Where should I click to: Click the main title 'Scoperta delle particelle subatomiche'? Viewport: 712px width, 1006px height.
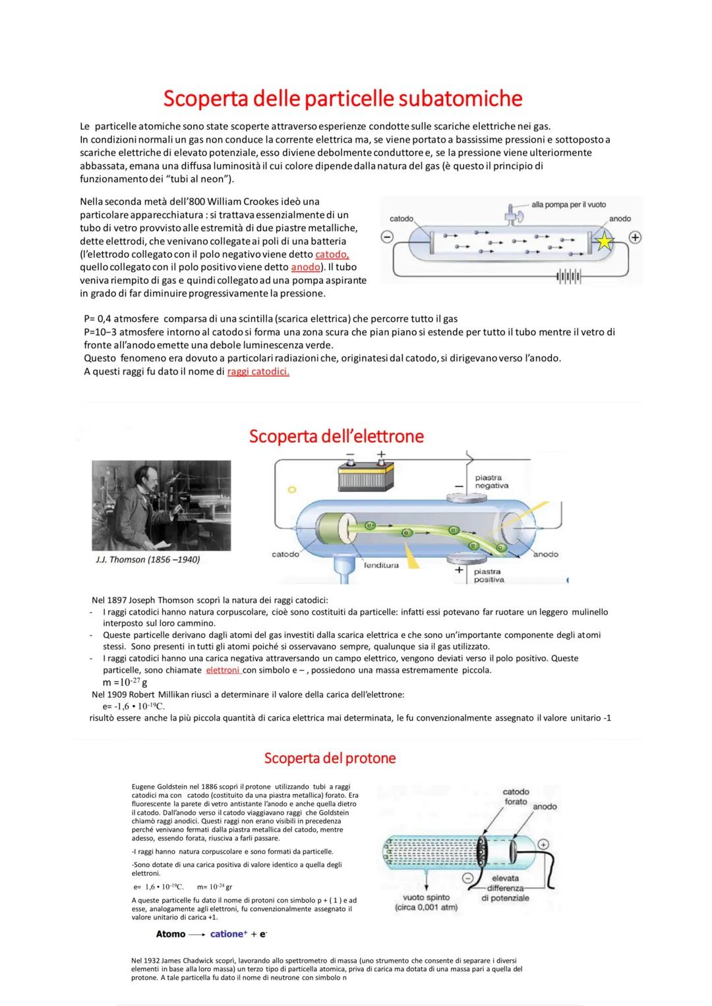click(342, 98)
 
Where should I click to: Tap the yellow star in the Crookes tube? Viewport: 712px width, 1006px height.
click(605, 242)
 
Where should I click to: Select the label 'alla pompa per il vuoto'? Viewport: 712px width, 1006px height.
click(568, 205)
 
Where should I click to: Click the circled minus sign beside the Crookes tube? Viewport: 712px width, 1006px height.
click(388, 237)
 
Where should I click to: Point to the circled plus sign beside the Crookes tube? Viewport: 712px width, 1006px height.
click(635, 237)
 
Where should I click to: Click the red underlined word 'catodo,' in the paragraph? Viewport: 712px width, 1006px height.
click(332, 254)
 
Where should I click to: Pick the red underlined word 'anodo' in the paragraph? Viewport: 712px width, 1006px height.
click(305, 267)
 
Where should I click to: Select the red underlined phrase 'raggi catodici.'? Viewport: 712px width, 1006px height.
click(258, 372)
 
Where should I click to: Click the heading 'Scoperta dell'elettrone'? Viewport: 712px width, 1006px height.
click(336, 436)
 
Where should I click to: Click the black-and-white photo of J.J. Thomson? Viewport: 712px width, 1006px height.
click(161, 505)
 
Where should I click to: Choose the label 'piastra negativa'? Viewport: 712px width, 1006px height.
click(491, 482)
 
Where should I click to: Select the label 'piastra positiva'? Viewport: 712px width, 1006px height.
click(489, 575)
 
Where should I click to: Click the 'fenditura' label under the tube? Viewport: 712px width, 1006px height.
click(380, 565)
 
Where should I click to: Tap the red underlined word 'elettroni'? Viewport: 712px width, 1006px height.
click(223, 670)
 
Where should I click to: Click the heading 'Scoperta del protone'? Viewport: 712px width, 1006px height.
click(330, 758)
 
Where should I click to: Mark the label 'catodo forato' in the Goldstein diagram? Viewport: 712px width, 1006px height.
click(516, 796)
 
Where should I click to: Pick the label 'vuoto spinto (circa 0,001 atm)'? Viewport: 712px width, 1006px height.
click(426, 902)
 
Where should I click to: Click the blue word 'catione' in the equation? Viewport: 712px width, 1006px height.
click(227, 934)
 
